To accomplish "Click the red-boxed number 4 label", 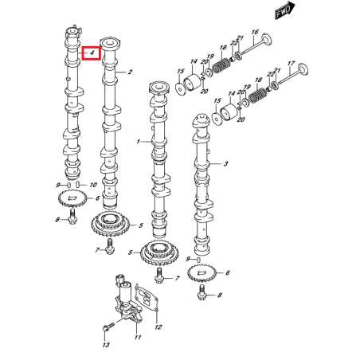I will coord(92,53).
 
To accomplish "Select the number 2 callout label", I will coord(129,72).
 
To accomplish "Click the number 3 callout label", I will coord(226,163).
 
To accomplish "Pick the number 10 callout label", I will coord(94,185).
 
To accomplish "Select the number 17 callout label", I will coord(291,63).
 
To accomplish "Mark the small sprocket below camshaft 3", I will coord(203,276).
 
